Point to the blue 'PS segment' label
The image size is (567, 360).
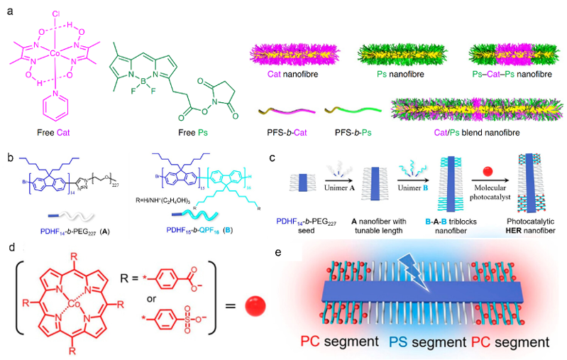point(425,342)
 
